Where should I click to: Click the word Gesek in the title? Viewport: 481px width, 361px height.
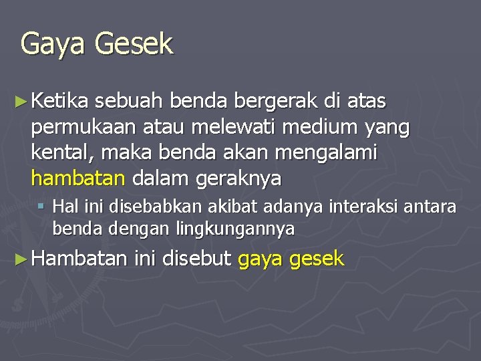[134, 44]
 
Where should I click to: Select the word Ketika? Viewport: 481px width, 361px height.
[60, 102]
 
